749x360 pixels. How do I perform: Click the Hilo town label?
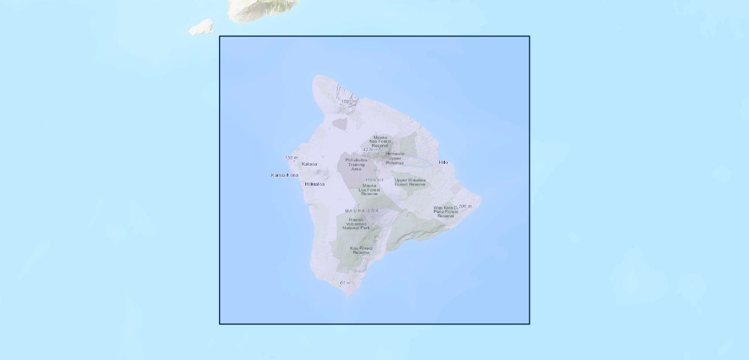444,162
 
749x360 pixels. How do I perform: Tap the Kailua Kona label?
284,175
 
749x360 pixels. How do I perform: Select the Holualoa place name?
314,184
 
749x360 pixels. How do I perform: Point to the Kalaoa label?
309,164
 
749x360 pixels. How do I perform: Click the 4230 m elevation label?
371,149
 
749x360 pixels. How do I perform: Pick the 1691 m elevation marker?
349,101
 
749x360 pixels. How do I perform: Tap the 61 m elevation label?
345,283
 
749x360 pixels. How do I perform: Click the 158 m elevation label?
291,158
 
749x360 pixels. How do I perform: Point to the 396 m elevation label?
465,206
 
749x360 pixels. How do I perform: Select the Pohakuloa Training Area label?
356,164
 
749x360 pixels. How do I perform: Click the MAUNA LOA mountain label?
362,211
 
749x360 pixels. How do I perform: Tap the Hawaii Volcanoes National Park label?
356,224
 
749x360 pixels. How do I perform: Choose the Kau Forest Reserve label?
361,250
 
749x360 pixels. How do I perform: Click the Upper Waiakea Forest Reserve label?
410,182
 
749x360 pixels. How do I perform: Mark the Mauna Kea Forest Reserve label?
380,141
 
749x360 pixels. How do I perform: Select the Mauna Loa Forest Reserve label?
369,190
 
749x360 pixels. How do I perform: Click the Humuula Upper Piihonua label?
395,158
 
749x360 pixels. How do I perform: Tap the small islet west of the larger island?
202,28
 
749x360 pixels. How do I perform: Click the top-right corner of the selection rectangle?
529,37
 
